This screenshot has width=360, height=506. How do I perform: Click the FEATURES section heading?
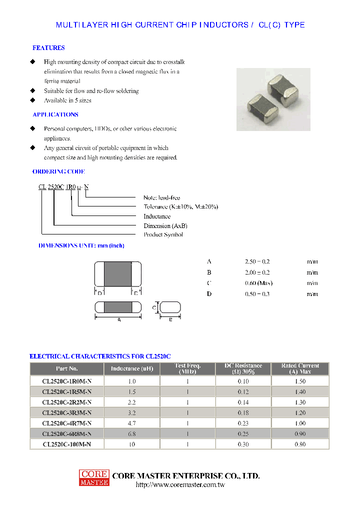tap(48, 48)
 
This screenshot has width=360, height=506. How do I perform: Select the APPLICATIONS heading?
tap(55, 114)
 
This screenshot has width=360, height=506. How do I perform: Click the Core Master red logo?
tap(93, 477)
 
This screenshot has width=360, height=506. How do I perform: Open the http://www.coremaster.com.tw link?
tap(180, 485)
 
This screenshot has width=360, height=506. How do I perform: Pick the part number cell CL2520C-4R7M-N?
tap(66, 423)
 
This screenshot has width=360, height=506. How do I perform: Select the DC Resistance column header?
tap(242, 369)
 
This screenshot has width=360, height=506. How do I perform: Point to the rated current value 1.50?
tap(300, 381)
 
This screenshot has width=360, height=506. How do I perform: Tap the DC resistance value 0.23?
tap(243, 423)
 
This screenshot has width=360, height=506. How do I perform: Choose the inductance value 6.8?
tap(132, 433)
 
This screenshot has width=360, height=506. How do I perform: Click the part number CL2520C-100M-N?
tap(66, 444)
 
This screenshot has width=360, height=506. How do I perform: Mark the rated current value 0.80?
tap(300, 444)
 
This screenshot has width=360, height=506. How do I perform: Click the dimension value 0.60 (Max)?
tap(258, 283)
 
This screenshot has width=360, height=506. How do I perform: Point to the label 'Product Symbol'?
tap(163, 234)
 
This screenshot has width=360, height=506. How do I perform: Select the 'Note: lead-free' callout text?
tap(162, 198)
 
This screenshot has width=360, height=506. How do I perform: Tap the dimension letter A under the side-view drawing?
tap(119, 320)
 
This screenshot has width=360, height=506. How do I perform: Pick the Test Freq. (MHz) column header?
tap(187, 369)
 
